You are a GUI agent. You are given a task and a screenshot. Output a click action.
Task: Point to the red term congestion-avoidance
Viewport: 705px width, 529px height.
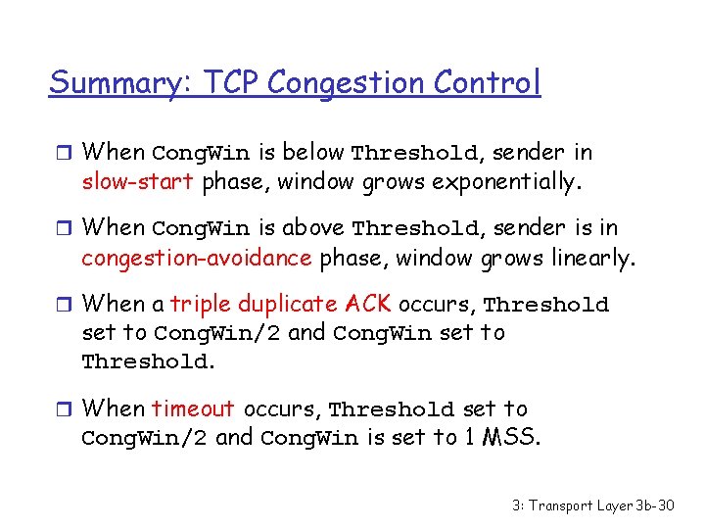pos(196,258)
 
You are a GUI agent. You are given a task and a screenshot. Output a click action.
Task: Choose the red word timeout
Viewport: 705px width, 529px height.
pos(193,409)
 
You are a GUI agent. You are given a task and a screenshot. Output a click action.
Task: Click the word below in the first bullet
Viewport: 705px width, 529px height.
pos(313,152)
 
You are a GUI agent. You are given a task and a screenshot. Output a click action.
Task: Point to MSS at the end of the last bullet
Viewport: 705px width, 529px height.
pos(510,437)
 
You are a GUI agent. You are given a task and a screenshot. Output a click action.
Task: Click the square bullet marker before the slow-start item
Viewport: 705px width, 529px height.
pos(66,153)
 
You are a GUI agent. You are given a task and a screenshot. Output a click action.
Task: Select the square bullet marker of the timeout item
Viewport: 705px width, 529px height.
pos(66,409)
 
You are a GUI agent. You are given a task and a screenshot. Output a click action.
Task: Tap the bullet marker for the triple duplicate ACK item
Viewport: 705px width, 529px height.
pos(66,305)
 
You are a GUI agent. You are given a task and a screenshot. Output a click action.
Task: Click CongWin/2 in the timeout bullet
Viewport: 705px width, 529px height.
pos(144,438)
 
